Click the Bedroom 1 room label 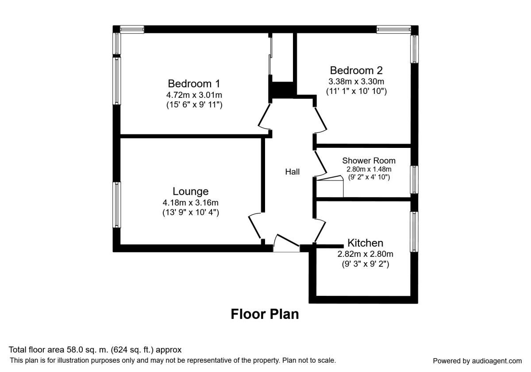tap(194, 83)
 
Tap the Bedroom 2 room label tap(356, 70)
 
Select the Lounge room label tap(190, 191)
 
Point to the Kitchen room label tap(365, 243)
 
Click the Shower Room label tap(369, 160)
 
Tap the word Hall tap(292, 172)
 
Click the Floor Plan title tap(265, 314)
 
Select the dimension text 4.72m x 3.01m tap(194, 95)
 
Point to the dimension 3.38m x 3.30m tap(356, 81)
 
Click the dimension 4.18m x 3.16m tap(190, 203)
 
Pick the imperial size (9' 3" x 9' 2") tap(365, 265)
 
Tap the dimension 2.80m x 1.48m tap(369, 169)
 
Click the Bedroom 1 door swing tap(264, 117)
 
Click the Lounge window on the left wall tap(117, 205)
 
